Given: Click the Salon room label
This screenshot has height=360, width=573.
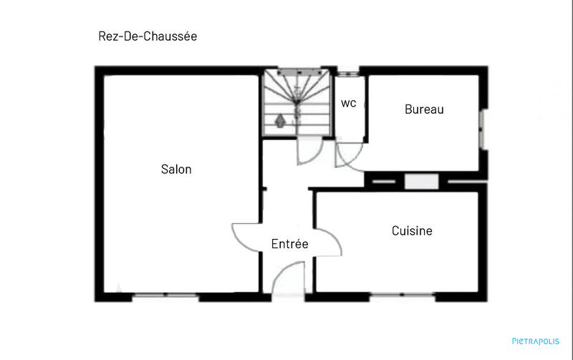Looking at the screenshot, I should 176,170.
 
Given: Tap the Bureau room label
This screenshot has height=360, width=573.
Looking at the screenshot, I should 424,110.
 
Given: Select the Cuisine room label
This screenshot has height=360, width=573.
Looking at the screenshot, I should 412,231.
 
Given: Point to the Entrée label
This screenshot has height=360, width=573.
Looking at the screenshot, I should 289,244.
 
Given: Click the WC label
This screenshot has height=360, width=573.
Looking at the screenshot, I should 348,103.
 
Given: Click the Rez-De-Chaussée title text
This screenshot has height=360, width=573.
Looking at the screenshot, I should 148,36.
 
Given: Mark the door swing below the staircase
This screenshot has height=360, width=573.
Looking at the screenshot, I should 309,151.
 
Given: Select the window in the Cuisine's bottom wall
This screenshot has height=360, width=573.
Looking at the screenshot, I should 400,296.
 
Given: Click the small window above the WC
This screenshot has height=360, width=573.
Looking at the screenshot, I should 348,72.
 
